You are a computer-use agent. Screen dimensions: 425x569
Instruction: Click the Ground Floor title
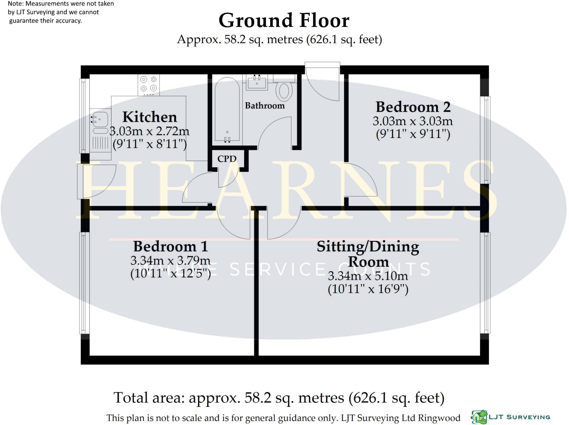[x=284, y=21]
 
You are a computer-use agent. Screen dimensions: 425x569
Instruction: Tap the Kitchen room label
[x=149, y=117]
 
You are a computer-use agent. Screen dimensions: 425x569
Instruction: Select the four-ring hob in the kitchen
[x=149, y=84]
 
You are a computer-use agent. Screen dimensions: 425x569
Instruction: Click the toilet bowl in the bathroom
[x=284, y=91]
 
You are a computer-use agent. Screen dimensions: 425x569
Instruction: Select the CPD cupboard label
[x=227, y=159]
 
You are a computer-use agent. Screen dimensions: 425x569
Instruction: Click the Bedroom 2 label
[x=413, y=107]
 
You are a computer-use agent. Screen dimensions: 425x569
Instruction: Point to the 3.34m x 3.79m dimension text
[x=170, y=261]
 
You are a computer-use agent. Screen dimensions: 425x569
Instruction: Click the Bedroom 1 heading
[x=170, y=246]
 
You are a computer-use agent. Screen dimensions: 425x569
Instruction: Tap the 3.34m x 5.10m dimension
[x=368, y=276]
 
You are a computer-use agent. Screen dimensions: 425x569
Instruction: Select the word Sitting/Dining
[x=368, y=247]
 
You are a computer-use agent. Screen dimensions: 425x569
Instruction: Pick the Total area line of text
[x=279, y=398]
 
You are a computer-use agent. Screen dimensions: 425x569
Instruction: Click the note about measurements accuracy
[x=61, y=12]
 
